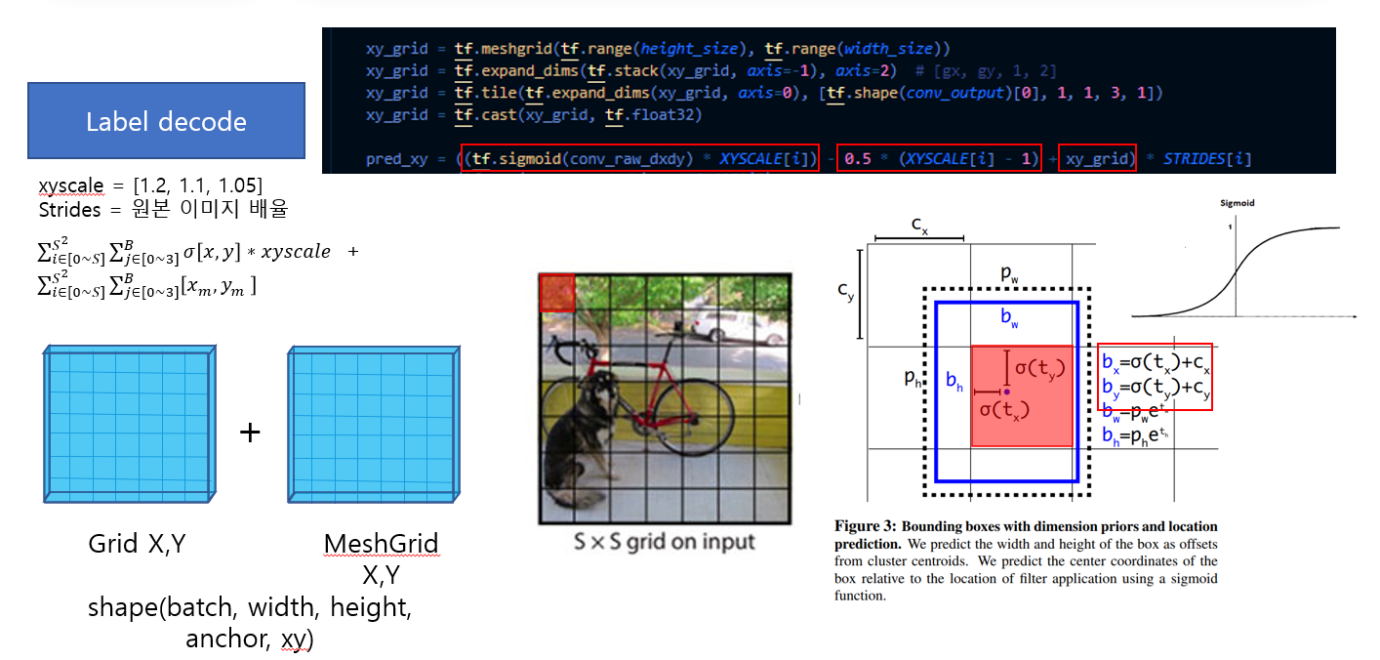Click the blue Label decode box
pyautogui.click(x=166, y=121)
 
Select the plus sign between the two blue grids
pyautogui.click(x=250, y=433)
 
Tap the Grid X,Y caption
pyautogui.click(x=137, y=544)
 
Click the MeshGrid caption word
pyautogui.click(x=381, y=544)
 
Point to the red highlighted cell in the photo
pyautogui.click(x=557, y=293)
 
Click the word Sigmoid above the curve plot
pyautogui.click(x=1238, y=204)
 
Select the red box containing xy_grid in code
pyautogui.click(x=1097, y=158)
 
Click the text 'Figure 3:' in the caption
pyautogui.click(x=866, y=527)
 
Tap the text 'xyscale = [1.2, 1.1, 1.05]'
pyautogui.click(x=150, y=186)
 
